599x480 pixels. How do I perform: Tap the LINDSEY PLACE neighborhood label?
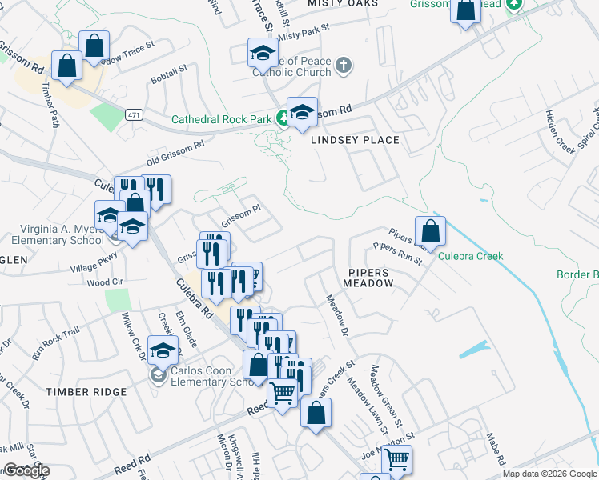[355, 140]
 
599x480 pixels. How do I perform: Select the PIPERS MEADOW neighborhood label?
[367, 278]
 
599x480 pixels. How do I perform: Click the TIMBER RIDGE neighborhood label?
[86, 392]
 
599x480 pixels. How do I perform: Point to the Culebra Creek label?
[470, 256]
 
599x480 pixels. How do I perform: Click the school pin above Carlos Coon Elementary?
[163, 350]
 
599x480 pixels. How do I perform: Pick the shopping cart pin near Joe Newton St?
[396, 460]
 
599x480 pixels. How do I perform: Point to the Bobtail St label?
[169, 74]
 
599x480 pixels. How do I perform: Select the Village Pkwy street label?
[94, 261]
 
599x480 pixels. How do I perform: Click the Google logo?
[26, 470]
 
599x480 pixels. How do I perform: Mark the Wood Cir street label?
[104, 282]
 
